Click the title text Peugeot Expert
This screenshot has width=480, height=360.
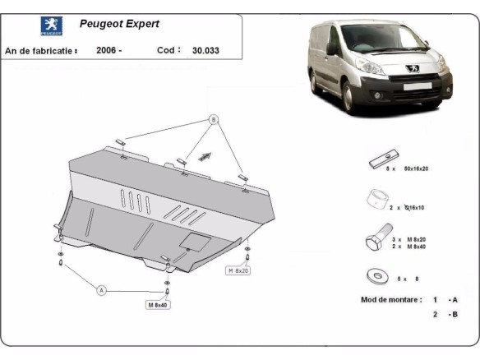[x=119, y=25]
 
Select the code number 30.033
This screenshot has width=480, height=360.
[x=206, y=50]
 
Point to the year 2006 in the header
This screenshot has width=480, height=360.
[x=108, y=50]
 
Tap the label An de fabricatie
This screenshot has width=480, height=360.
[x=41, y=50]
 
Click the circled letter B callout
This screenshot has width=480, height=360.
[x=214, y=120]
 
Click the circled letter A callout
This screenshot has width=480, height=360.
[x=102, y=290]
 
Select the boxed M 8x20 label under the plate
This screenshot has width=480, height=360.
[x=238, y=270]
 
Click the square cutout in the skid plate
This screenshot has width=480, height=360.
[x=196, y=241]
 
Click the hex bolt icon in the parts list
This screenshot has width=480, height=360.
[x=376, y=242]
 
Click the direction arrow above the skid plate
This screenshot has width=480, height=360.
[x=205, y=154]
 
